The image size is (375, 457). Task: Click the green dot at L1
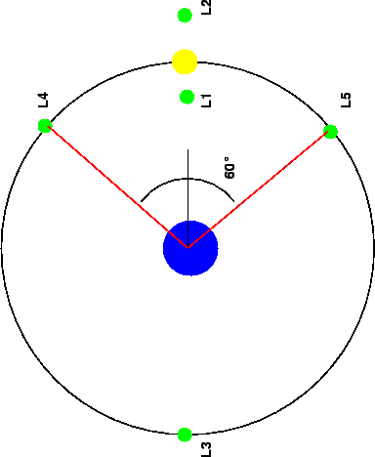point(187,97)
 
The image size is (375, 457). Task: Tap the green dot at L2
point(185,15)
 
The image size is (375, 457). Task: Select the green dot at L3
point(185,434)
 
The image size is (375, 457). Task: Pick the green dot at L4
point(44,125)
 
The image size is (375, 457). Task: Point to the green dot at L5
point(330,131)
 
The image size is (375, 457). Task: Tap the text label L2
point(205,9)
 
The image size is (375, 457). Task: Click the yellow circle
point(184,62)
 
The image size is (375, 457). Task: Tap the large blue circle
point(190,248)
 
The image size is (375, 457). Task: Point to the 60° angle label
point(229,168)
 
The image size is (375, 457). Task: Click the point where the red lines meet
point(189,248)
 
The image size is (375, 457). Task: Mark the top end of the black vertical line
point(188,150)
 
